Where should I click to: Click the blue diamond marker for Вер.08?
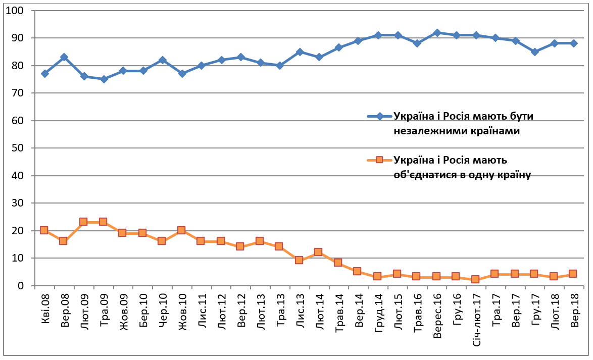tap(64, 57)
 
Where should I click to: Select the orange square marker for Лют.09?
tap(83, 222)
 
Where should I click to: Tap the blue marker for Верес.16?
tap(437, 33)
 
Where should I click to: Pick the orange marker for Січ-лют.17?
tap(475, 279)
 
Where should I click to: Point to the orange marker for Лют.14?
tap(318, 252)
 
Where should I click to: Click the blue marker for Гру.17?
tap(534, 52)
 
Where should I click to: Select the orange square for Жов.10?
tap(181, 230)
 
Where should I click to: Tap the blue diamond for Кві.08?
tap(44, 74)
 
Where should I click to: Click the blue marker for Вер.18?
tap(573, 43)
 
